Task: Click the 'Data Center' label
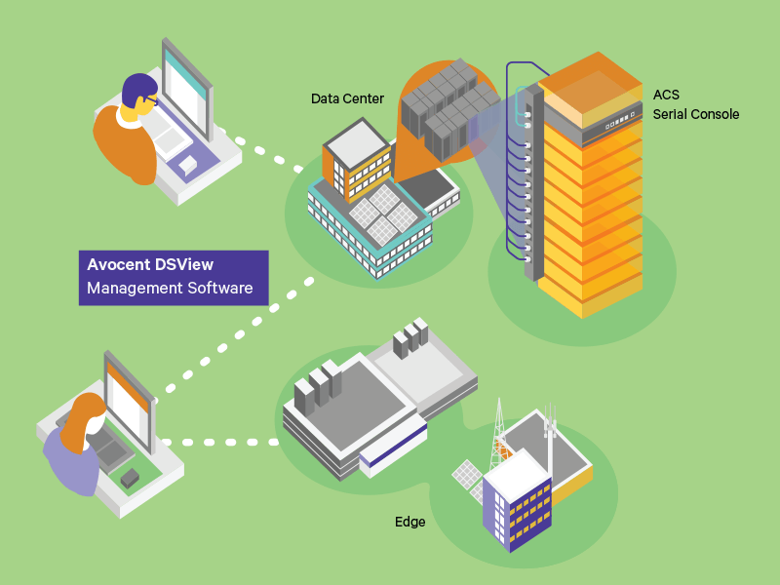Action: [347, 98]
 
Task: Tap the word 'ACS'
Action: [666, 96]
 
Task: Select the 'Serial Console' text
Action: [695, 114]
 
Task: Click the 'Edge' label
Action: [409, 522]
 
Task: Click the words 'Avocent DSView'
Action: [150, 264]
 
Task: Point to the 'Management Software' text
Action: [170, 288]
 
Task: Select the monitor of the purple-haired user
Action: [186, 88]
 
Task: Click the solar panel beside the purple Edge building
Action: [466, 475]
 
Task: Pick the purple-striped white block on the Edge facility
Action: [390, 451]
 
